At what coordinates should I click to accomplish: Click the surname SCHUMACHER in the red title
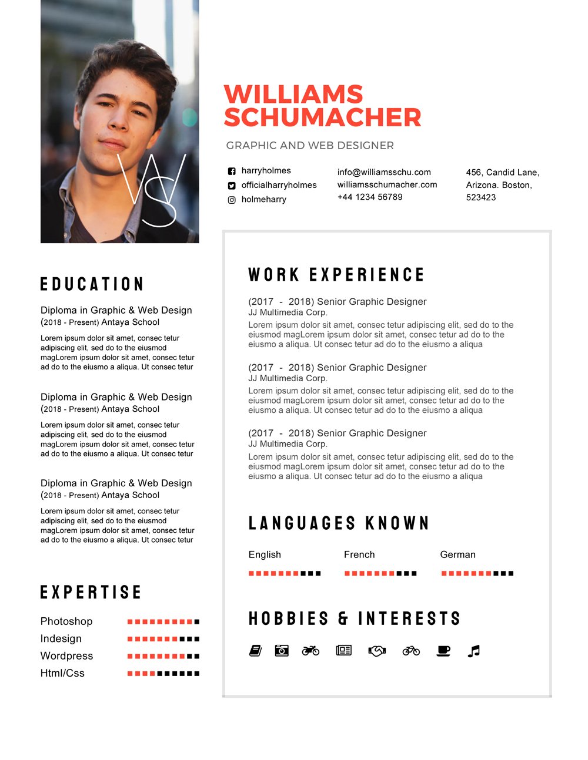click(322, 117)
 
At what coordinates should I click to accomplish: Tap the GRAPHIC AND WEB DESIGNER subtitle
click(310, 145)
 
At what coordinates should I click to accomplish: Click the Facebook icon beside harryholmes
click(232, 171)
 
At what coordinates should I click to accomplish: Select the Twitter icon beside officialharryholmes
click(232, 186)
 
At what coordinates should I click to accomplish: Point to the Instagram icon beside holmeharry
click(232, 200)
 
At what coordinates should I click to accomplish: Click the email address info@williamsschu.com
click(384, 172)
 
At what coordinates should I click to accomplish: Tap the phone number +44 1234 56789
click(370, 197)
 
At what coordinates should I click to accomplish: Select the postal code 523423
click(481, 197)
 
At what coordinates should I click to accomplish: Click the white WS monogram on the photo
click(152, 190)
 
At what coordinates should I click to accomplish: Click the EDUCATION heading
click(92, 284)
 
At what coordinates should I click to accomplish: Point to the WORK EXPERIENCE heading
click(336, 275)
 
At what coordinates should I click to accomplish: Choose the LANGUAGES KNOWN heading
click(339, 523)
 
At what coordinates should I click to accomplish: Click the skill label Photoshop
click(66, 621)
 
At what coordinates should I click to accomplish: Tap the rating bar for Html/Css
click(163, 674)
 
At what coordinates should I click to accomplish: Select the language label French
click(359, 554)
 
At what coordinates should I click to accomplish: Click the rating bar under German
click(477, 573)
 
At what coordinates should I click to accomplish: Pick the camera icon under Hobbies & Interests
click(282, 651)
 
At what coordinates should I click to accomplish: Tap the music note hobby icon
click(474, 651)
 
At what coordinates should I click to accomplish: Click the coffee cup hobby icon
click(443, 651)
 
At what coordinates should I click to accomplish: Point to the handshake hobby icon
click(377, 651)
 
